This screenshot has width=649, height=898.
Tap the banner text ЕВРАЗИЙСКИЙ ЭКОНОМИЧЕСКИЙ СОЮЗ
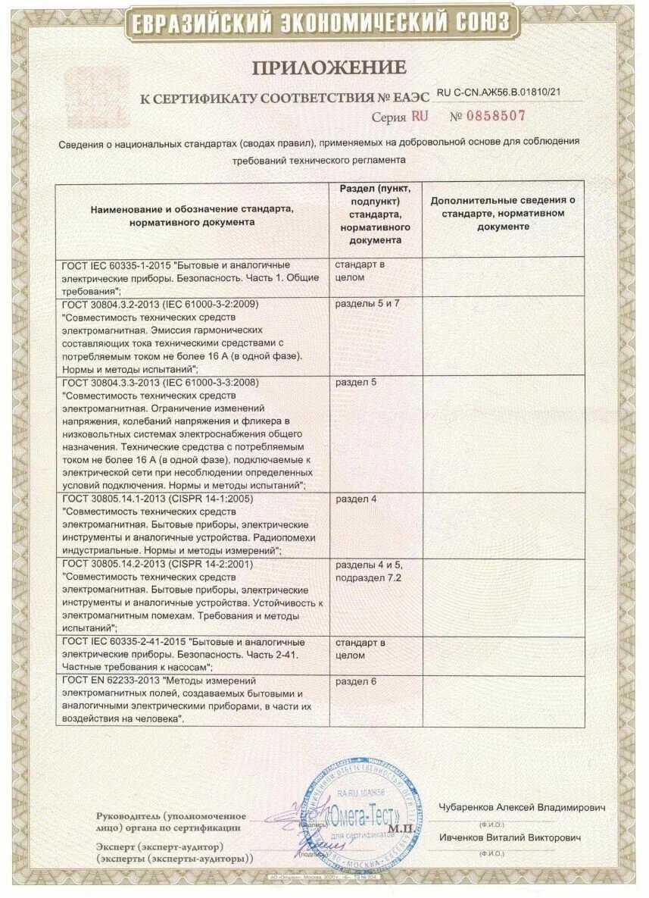click(x=323, y=23)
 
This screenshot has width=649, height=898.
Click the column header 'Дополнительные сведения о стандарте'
click(x=503, y=213)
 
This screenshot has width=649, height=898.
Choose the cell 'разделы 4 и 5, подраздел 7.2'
click(x=371, y=571)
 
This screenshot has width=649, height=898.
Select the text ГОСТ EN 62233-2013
click(x=111, y=681)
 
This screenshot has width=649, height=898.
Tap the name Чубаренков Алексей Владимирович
click(x=522, y=808)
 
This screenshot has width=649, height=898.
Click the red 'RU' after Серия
click(x=419, y=117)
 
